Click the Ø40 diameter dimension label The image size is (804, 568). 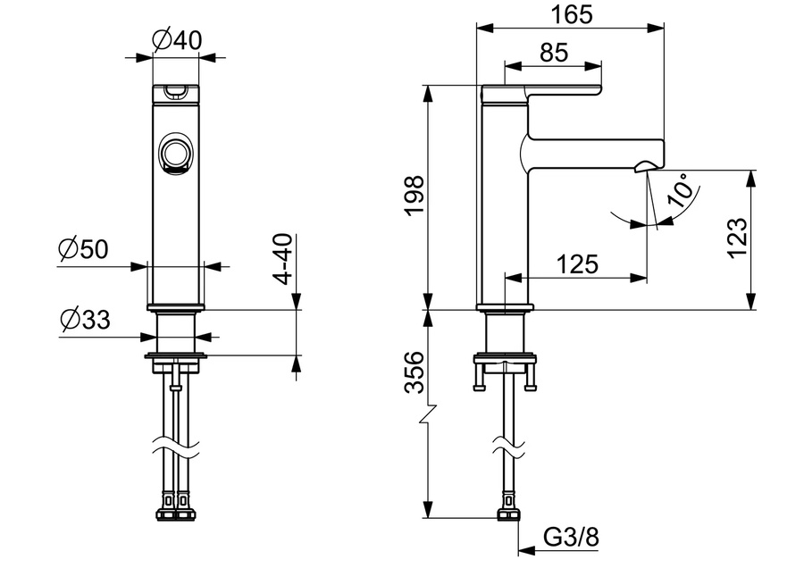pyautogui.click(x=178, y=39)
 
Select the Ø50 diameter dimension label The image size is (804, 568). pyautogui.click(x=83, y=248)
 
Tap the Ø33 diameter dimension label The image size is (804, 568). pyautogui.click(x=85, y=319)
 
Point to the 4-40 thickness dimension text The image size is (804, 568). pyautogui.click(x=282, y=258)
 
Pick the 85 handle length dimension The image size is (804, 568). pyautogui.click(x=554, y=53)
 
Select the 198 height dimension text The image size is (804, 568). pyautogui.click(x=415, y=196)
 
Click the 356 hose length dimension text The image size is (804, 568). pyautogui.click(x=415, y=372)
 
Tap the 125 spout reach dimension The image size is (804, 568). pyautogui.click(x=577, y=264)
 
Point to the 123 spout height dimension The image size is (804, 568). pyautogui.click(x=737, y=238)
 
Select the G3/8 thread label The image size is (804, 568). pyautogui.click(x=571, y=538)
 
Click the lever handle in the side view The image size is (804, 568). pyautogui.click(x=541, y=92)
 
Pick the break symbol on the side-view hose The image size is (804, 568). pyautogui.click(x=508, y=445)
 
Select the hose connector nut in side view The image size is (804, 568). pyautogui.click(x=509, y=514)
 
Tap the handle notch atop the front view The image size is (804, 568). pyautogui.click(x=175, y=92)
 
